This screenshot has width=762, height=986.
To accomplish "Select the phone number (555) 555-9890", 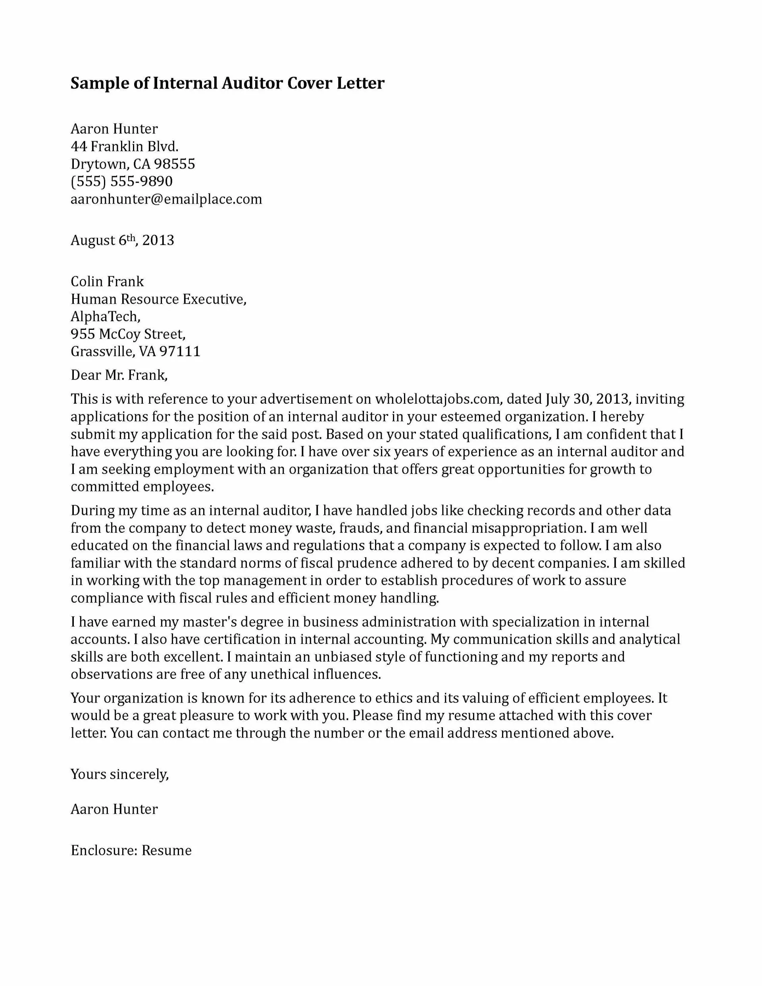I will click(x=121, y=181).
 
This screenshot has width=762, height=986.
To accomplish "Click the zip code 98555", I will click(x=175, y=164).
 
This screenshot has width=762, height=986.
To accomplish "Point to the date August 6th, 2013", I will click(x=122, y=240).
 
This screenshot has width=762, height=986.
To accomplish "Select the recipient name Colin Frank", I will click(x=107, y=281).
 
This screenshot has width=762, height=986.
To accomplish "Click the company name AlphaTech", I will click(x=105, y=316).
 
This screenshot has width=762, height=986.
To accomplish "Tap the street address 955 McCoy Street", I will click(x=128, y=334).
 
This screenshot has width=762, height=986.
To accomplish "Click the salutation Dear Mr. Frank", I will click(x=119, y=375).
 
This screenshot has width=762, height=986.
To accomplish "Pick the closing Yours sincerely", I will click(x=119, y=774).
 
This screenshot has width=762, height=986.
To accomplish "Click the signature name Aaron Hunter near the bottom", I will click(x=114, y=809).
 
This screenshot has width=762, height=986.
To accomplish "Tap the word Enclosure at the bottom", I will click(x=103, y=851).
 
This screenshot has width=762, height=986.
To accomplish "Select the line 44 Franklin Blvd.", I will click(x=125, y=146).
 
